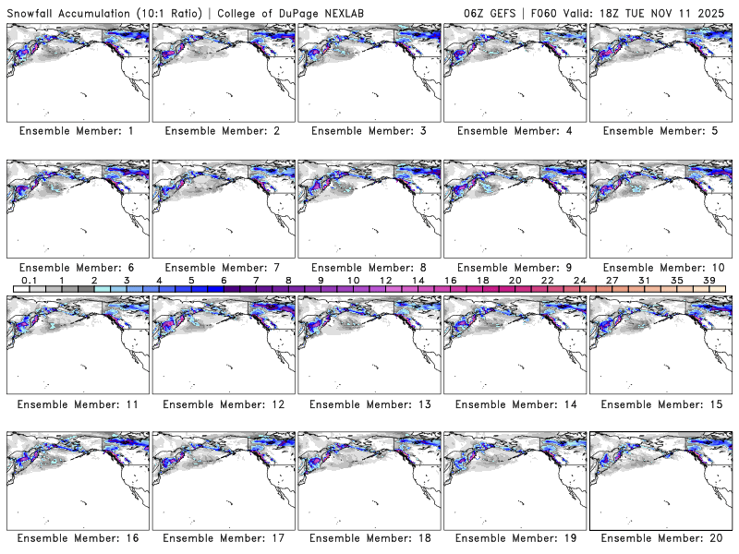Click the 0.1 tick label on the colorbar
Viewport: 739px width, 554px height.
click(x=30, y=281)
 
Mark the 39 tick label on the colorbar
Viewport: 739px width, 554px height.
click(x=709, y=281)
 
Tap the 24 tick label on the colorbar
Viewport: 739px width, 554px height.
click(x=579, y=281)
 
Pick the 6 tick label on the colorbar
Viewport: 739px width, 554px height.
click(x=224, y=281)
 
